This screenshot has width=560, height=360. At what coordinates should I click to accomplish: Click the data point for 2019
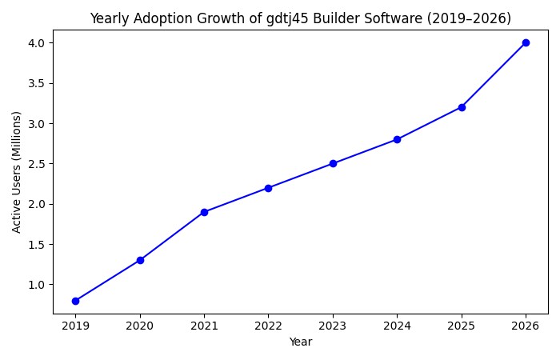click(75, 301)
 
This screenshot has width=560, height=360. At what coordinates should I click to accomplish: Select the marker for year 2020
click(140, 260)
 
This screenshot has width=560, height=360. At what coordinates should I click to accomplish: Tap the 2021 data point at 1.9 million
click(204, 212)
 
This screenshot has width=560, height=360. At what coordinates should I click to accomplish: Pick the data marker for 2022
click(268, 188)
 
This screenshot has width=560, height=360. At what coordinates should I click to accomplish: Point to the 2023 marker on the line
click(333, 163)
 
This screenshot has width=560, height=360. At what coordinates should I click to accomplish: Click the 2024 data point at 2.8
click(397, 139)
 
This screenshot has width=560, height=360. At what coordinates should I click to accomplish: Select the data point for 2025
click(462, 107)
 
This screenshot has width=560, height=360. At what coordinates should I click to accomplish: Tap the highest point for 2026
click(526, 42)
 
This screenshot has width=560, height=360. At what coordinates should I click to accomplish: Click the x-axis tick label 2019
click(75, 326)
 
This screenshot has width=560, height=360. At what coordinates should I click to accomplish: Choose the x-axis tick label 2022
click(268, 326)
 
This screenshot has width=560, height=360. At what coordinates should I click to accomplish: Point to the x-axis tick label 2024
click(397, 326)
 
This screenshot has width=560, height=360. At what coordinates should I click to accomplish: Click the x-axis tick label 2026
click(526, 326)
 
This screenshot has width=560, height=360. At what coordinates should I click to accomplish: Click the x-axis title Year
click(301, 342)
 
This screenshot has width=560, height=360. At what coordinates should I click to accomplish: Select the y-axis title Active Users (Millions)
click(17, 171)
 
